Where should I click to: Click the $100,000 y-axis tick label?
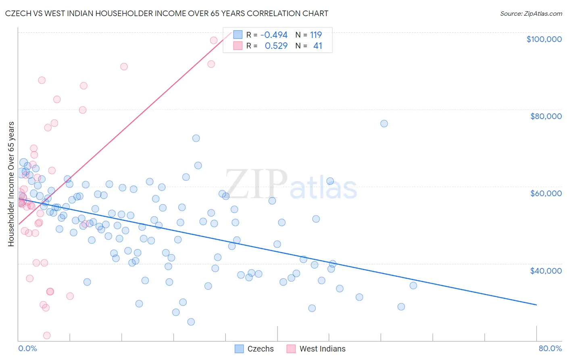click(544, 39)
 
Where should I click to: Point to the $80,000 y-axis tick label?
click(546, 116)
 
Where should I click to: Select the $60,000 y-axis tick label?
click(546, 193)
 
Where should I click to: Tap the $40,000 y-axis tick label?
click(546, 270)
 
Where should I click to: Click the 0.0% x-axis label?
click(27, 348)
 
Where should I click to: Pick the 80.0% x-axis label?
click(550, 348)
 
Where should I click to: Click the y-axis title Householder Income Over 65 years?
click(11, 184)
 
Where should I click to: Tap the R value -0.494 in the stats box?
click(274, 35)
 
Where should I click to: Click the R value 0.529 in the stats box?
click(276, 46)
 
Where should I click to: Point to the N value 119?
click(316, 35)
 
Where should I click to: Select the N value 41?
click(318, 46)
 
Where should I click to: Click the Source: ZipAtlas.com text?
click(531, 14)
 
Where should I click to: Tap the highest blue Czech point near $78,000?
click(384, 123)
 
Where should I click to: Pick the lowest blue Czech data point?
click(191, 322)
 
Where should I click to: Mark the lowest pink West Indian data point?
click(47, 335)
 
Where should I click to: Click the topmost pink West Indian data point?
click(214, 40)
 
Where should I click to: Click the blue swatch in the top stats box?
click(238, 35)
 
